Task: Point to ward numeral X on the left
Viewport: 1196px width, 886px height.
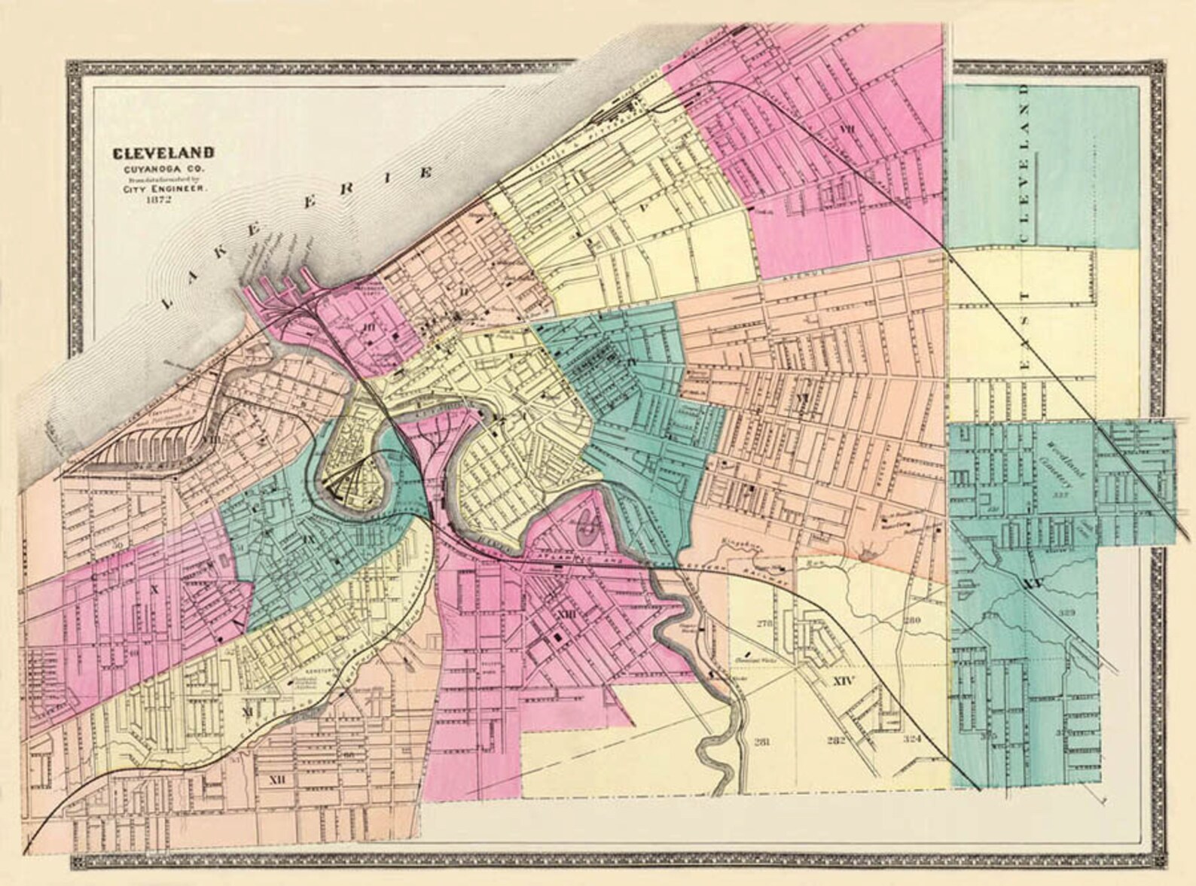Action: click(154, 590)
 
